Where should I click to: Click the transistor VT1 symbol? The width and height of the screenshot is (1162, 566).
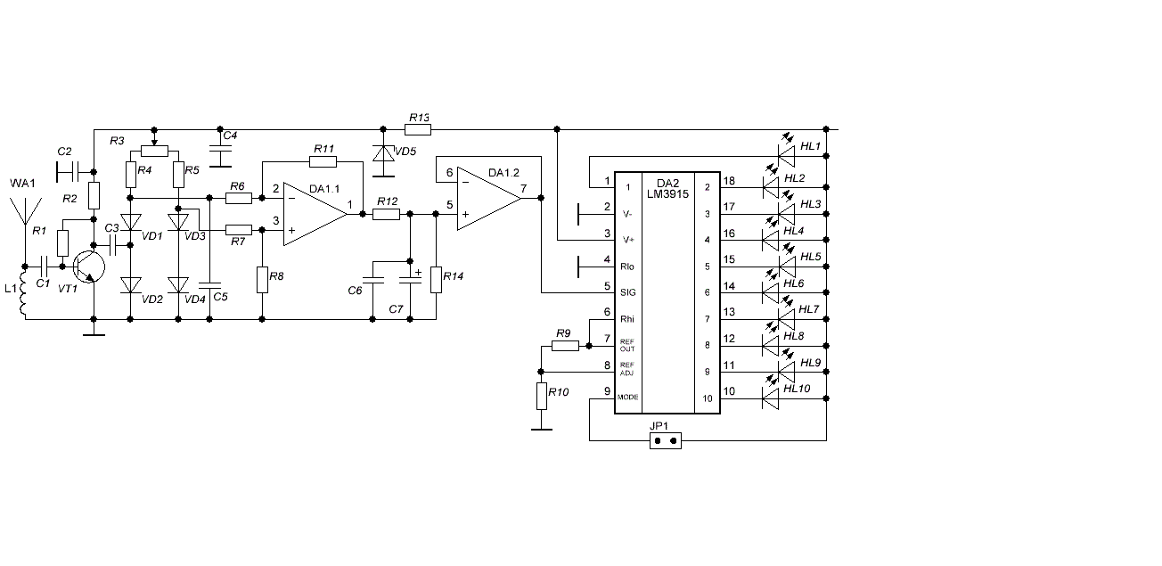[x=89, y=267]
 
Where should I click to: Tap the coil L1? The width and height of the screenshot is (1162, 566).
[x=23, y=292]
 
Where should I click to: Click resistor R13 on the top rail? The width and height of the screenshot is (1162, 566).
[x=418, y=130]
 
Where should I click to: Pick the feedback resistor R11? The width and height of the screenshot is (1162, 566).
[x=323, y=162]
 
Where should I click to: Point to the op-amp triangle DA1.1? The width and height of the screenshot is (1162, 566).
[x=315, y=214]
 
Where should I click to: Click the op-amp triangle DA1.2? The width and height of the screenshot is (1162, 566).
[x=489, y=198]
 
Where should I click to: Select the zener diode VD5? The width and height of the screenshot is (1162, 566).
[x=383, y=153]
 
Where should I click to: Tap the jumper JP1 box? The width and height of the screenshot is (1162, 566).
[x=666, y=441]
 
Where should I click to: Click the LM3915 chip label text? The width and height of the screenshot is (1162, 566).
[x=667, y=194]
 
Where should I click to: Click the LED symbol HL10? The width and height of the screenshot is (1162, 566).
[x=770, y=398]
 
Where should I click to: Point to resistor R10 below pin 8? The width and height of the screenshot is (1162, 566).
[x=542, y=397]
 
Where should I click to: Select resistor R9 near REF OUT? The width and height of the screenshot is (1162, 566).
[x=565, y=346]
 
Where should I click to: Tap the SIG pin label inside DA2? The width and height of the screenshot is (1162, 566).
[x=627, y=292]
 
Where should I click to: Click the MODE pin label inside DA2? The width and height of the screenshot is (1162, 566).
[x=627, y=398]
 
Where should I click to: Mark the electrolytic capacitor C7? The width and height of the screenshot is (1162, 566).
[x=410, y=281]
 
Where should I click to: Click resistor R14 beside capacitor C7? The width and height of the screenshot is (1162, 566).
[x=437, y=280]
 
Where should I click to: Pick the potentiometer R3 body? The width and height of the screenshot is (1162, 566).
[x=154, y=151]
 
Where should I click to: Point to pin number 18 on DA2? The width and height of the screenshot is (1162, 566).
[x=729, y=181]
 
